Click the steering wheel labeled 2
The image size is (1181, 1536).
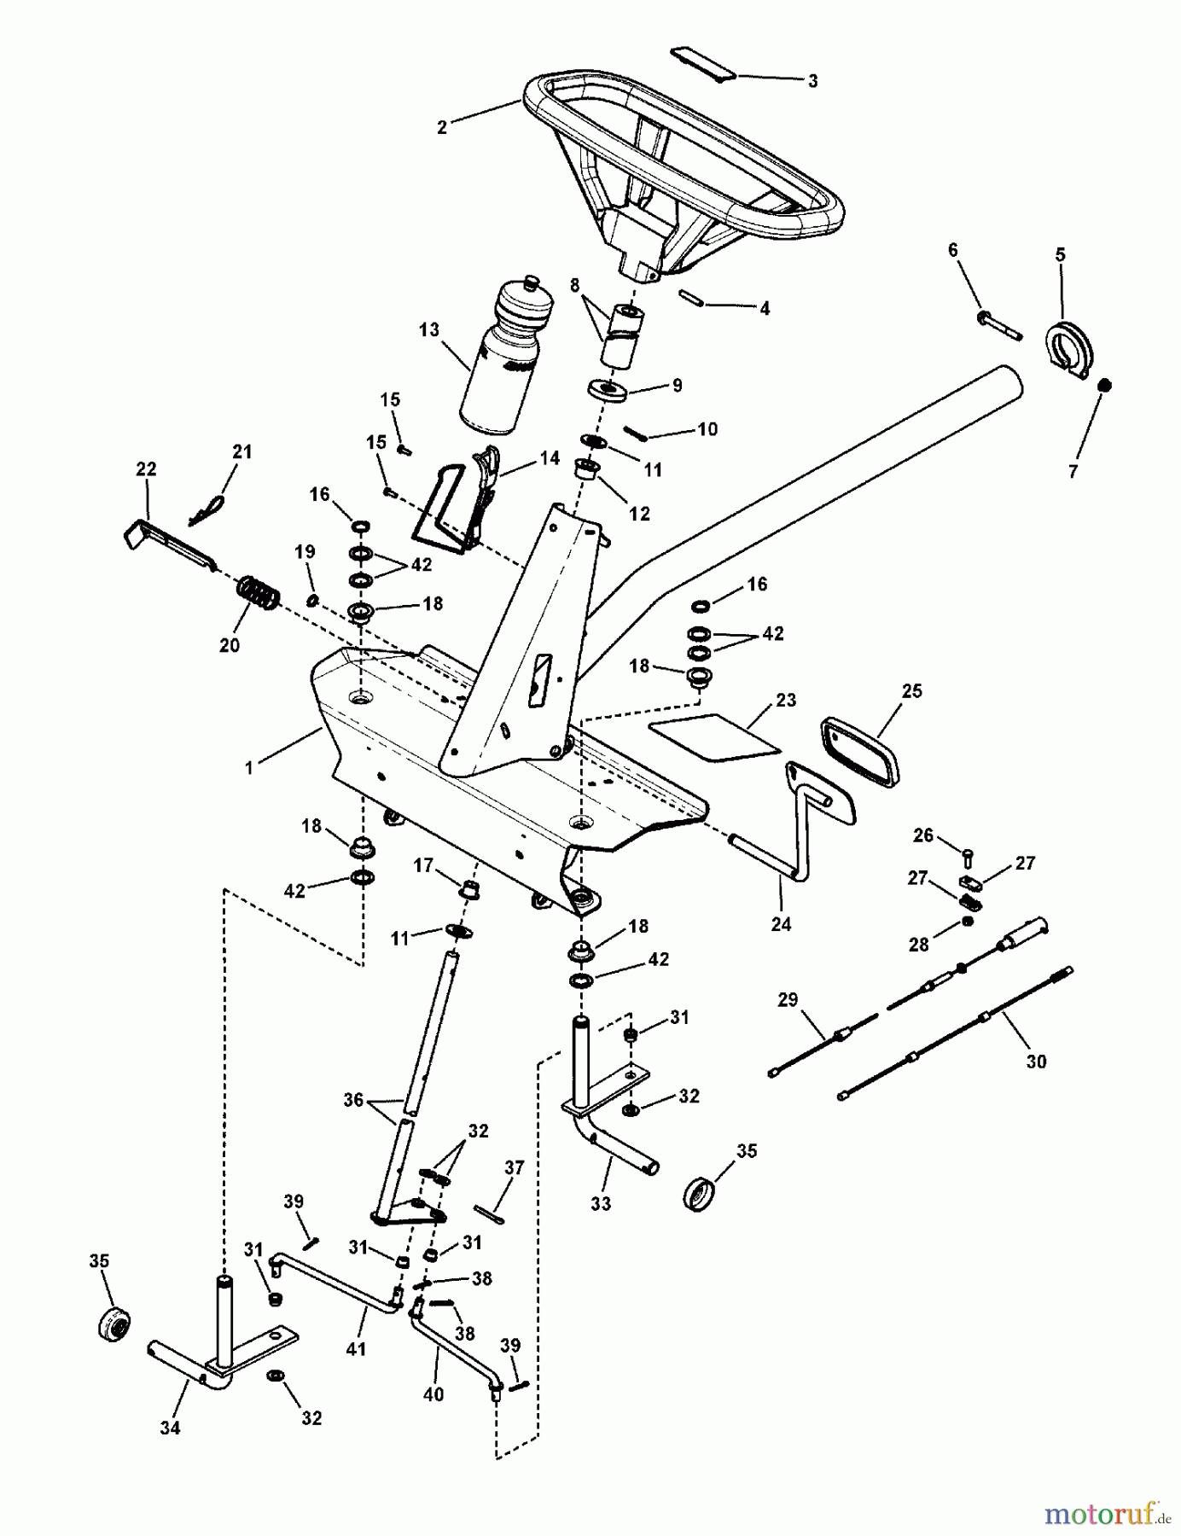[683, 171]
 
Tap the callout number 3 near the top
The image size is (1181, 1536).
[812, 81]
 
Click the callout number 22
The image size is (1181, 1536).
[146, 469]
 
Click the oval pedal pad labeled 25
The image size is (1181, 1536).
[859, 751]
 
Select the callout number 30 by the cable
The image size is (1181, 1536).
[1036, 1062]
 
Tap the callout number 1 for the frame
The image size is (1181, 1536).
[249, 768]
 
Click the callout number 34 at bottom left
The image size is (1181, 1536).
[170, 1428]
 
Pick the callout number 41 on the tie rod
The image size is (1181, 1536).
[355, 1349]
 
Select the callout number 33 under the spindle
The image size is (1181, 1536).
[601, 1203]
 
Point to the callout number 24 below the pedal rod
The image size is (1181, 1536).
[781, 923]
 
